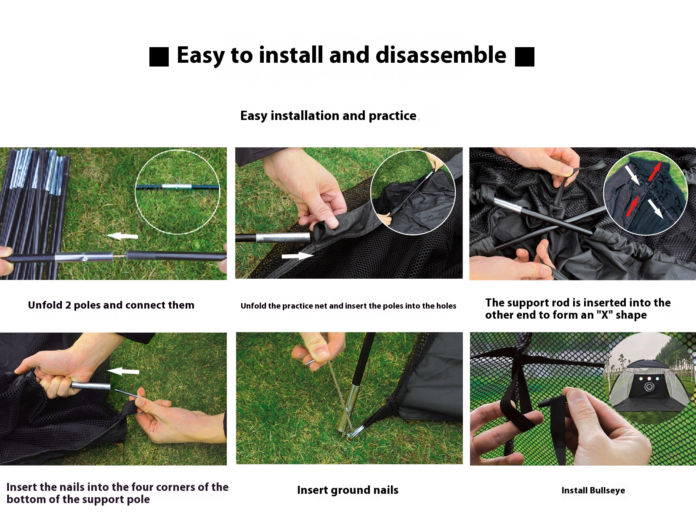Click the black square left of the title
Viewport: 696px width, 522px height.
click(159, 57)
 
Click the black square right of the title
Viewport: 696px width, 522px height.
click(524, 57)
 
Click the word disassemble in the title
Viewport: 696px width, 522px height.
click(441, 55)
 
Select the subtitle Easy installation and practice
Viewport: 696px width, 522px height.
click(328, 116)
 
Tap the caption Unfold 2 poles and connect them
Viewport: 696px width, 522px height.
click(111, 305)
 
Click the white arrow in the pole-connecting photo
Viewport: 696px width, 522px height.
click(122, 236)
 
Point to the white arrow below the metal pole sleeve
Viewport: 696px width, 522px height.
click(298, 256)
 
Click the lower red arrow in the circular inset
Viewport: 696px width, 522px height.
click(632, 206)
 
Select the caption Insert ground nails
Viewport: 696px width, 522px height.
click(348, 490)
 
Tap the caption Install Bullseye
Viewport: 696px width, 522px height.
click(593, 490)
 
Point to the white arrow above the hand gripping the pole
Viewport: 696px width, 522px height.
click(123, 371)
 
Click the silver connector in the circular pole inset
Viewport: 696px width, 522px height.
click(177, 187)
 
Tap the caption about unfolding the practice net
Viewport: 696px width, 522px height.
click(348, 306)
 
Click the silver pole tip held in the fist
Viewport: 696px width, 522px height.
click(90, 386)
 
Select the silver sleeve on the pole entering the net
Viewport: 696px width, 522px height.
click(283, 237)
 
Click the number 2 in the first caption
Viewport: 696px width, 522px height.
click(68, 305)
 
